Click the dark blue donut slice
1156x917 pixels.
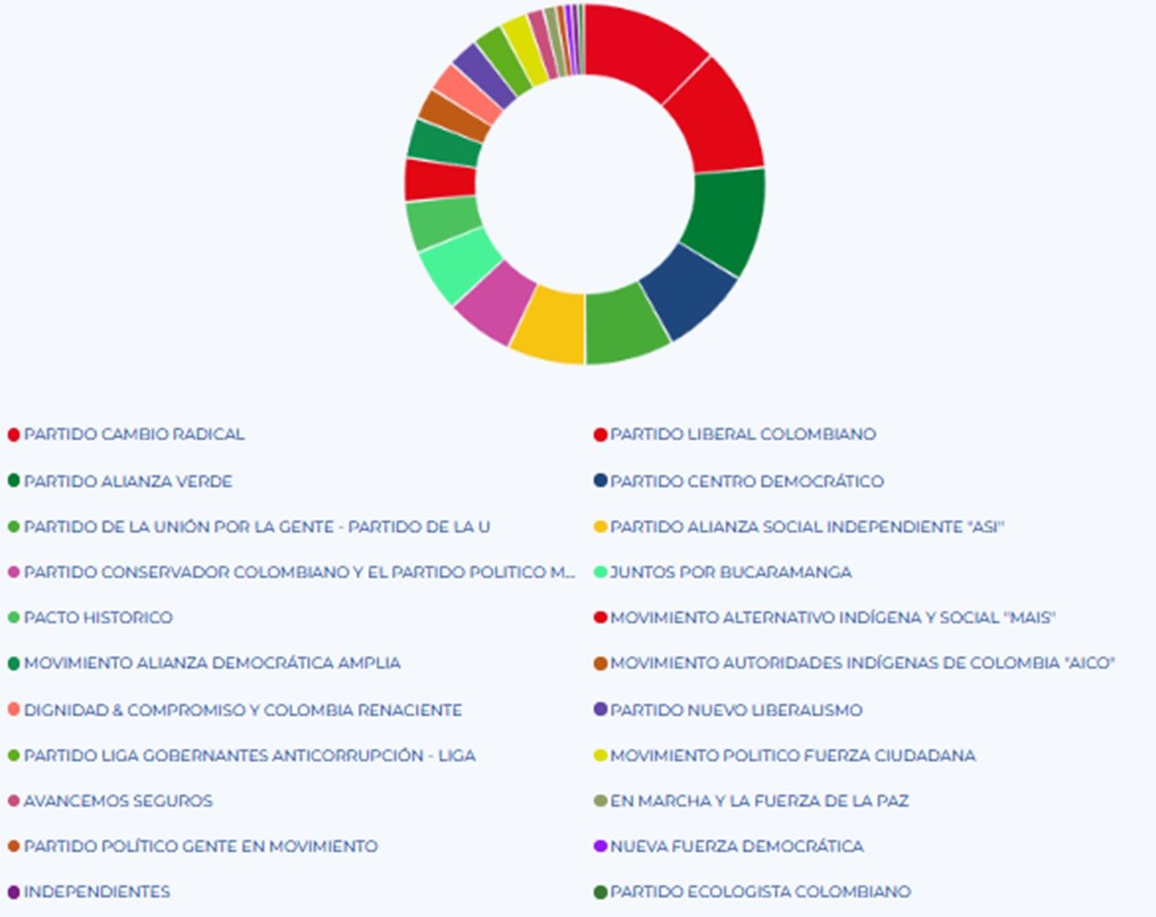point(690,293)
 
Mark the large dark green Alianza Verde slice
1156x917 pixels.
point(726,220)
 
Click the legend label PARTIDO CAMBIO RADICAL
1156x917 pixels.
point(134,435)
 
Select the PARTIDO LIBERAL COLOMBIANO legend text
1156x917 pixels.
point(743,435)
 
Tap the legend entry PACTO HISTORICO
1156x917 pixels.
point(98,618)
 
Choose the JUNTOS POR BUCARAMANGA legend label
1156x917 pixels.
point(731,572)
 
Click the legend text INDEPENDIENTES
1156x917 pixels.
point(96,892)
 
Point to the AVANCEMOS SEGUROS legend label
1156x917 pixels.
point(117,801)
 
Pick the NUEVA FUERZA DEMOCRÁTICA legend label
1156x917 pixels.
point(737,846)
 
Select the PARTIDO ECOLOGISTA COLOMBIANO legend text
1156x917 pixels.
point(761,892)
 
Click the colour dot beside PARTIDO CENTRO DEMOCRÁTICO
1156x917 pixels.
point(601,481)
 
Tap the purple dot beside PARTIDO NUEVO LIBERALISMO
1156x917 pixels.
point(601,710)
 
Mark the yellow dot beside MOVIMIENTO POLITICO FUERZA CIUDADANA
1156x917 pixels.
point(601,756)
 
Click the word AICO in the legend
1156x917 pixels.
point(1088,664)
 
